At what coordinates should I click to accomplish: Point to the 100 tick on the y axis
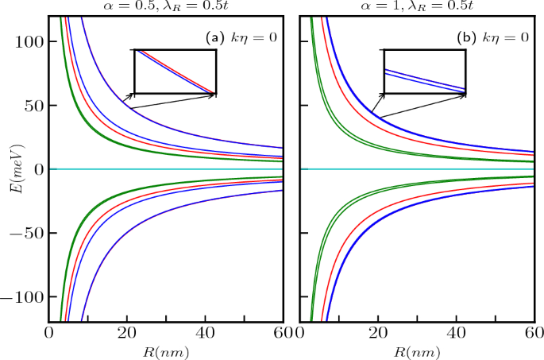(x=30, y=41)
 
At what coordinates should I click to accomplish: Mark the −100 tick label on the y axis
(x=25, y=297)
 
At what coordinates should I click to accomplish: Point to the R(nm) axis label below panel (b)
(x=415, y=350)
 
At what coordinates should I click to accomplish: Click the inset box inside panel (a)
(x=175, y=72)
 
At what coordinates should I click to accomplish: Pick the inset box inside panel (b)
(x=424, y=72)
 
